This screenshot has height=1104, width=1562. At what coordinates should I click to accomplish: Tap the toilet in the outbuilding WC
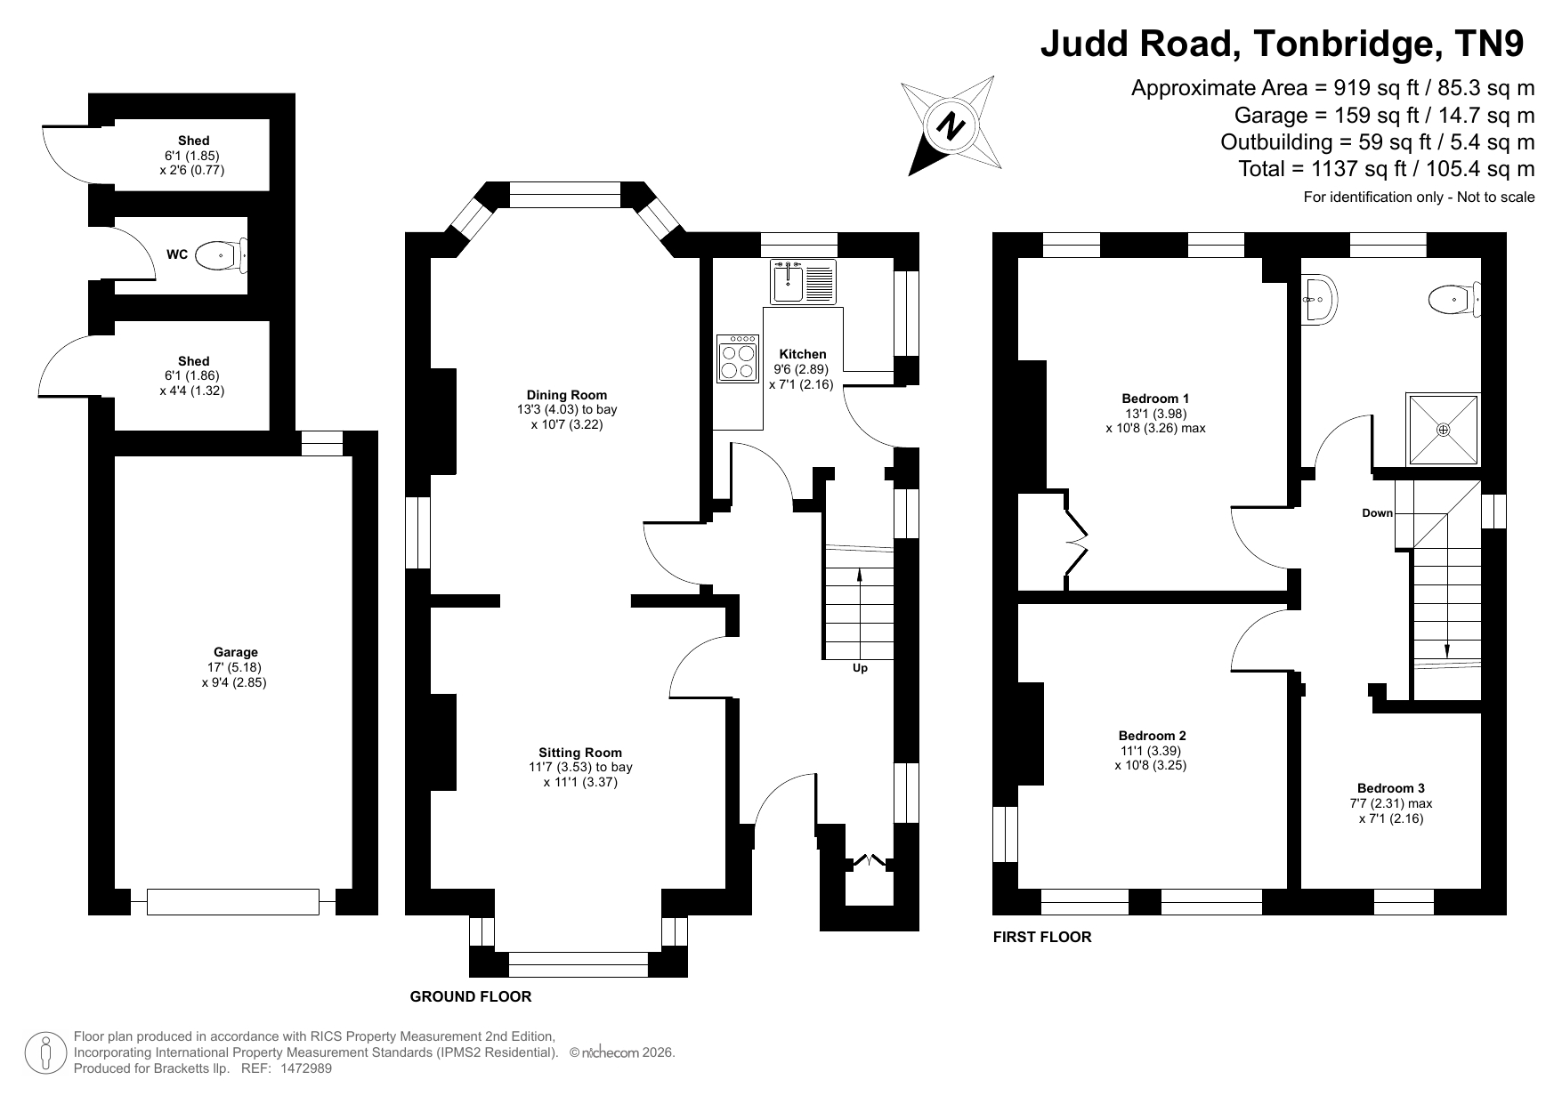point(221,254)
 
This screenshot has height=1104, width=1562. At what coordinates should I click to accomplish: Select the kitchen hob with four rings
point(738,359)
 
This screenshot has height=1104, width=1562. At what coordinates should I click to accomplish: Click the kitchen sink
point(803,282)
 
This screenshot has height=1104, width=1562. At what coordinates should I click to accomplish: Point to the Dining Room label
point(567,395)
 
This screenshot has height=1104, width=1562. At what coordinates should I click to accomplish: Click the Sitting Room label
point(580,753)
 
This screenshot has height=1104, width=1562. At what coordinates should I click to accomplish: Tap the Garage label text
point(235,652)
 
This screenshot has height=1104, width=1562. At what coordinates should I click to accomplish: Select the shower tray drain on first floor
point(1443,430)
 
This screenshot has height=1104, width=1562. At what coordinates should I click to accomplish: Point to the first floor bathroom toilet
point(1454,300)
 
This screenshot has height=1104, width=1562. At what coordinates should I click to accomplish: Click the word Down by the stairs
point(1377,513)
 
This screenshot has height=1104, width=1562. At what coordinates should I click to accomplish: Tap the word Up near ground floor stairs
point(860,668)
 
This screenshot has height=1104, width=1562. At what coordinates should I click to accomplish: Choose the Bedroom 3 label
point(1391,788)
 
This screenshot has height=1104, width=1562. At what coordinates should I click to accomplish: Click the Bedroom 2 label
point(1152,736)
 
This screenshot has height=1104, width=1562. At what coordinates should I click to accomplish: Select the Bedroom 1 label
point(1155,399)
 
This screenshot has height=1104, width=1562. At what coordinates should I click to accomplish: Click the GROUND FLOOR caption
point(471,996)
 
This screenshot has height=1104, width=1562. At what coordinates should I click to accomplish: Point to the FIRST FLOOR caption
point(1042,937)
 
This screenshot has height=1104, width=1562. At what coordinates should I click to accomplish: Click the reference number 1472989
point(306,1068)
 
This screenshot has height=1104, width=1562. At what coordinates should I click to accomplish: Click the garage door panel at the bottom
point(233,902)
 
